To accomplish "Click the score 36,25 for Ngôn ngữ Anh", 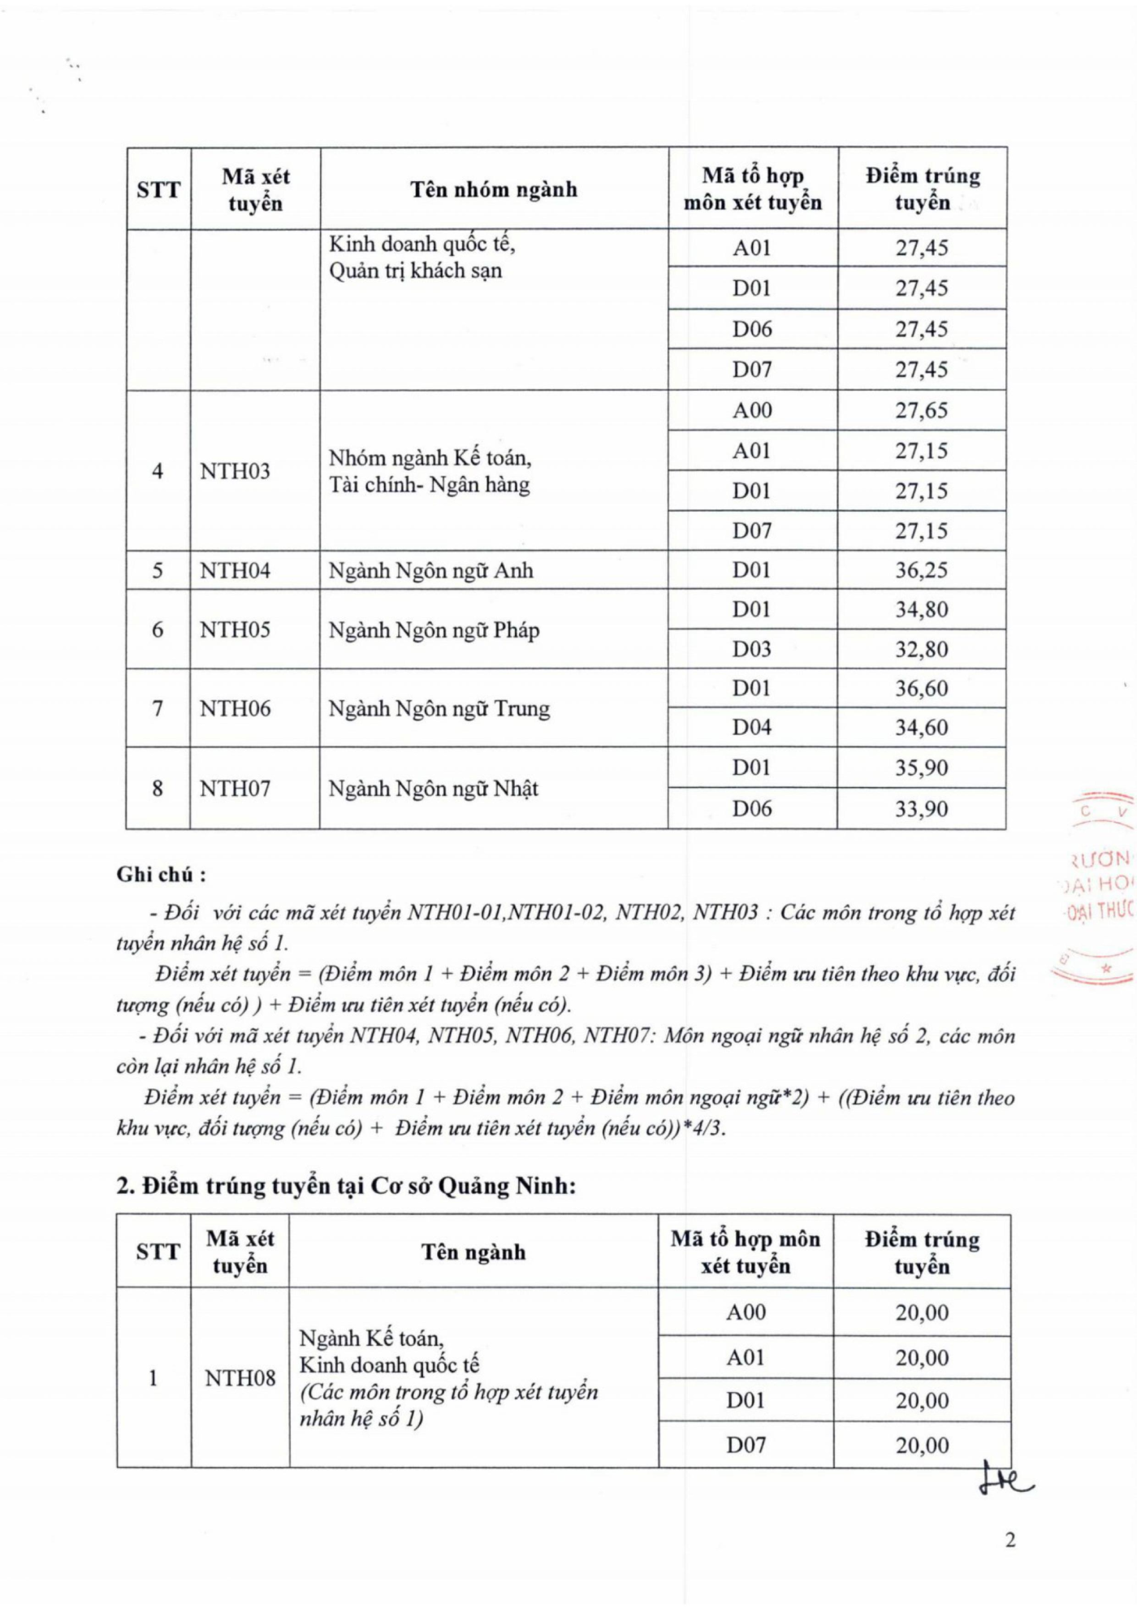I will pyautogui.click(x=922, y=570).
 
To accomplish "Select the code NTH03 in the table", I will pyautogui.click(x=235, y=471).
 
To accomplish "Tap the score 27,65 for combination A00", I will pyautogui.click(x=922, y=410).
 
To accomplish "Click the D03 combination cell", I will pyautogui.click(x=751, y=649).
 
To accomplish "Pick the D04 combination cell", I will pyautogui.click(x=751, y=727).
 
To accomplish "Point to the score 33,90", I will pyautogui.click(x=922, y=808).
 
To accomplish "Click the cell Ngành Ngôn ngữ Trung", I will pyautogui.click(x=439, y=709).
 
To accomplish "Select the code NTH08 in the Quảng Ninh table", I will pyautogui.click(x=240, y=1378).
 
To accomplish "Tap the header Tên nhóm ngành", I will pyautogui.click(x=494, y=189).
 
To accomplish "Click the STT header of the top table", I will pyautogui.click(x=158, y=189).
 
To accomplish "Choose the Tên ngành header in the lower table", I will pyautogui.click(x=473, y=1252).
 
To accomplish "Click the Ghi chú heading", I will pyautogui.click(x=161, y=875).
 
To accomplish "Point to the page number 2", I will pyautogui.click(x=1010, y=1540).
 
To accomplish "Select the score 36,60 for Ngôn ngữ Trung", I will pyautogui.click(x=922, y=688).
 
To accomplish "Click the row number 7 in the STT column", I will pyautogui.click(x=158, y=709).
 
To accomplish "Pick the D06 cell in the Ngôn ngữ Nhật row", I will pyautogui.click(x=751, y=808).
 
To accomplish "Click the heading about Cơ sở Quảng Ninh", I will pyautogui.click(x=346, y=1186).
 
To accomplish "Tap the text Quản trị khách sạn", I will pyautogui.click(x=415, y=270).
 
